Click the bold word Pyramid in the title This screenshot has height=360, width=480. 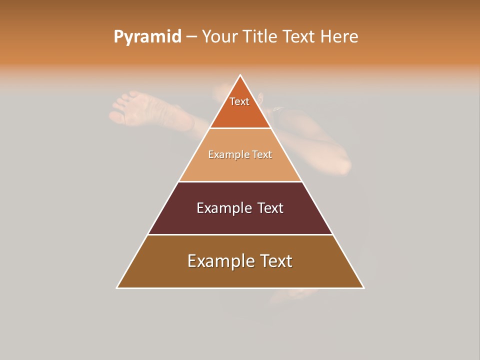(147, 37)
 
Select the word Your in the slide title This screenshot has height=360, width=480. (219, 37)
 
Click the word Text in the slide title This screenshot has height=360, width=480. (298, 37)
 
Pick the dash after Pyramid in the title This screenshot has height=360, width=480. (191, 37)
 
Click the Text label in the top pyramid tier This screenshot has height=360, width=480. (239, 101)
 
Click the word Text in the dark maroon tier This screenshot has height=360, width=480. (270, 208)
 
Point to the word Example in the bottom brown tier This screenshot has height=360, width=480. (214, 261)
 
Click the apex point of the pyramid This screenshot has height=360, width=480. (240, 75)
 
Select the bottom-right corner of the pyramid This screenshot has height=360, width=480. (363, 287)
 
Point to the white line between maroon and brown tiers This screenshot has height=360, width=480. (240, 234)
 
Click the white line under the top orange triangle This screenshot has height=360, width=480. (240, 128)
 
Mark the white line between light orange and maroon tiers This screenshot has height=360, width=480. (240, 181)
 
